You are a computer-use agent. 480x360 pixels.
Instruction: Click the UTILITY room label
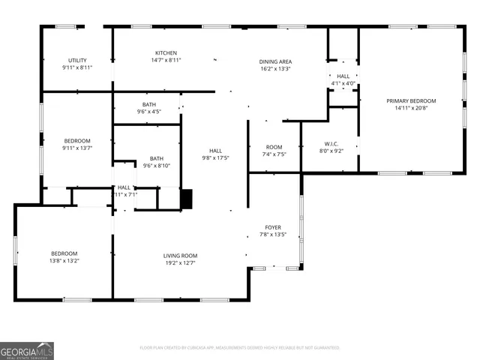click(x=77, y=60)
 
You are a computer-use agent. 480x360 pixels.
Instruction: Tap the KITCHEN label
click(x=166, y=53)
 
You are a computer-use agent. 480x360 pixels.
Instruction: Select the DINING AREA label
click(x=275, y=61)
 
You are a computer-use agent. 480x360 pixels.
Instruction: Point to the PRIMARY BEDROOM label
click(x=411, y=100)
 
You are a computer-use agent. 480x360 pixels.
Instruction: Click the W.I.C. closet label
click(x=332, y=143)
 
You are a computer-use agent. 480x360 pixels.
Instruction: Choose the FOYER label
click(x=273, y=227)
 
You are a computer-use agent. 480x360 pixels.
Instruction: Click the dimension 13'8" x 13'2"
click(x=64, y=262)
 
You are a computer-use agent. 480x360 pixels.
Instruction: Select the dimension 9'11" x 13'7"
click(x=77, y=148)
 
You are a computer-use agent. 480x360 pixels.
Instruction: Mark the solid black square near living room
click(x=187, y=199)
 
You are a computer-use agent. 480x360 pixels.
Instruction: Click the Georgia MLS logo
click(x=27, y=350)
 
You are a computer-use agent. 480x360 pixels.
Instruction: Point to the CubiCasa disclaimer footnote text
click(x=240, y=347)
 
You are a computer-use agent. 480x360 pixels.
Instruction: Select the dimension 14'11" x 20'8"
click(x=411, y=108)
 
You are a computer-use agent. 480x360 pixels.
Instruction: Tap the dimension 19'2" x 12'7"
click(x=180, y=263)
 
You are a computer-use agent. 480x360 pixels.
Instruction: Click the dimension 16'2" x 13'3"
click(x=275, y=69)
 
